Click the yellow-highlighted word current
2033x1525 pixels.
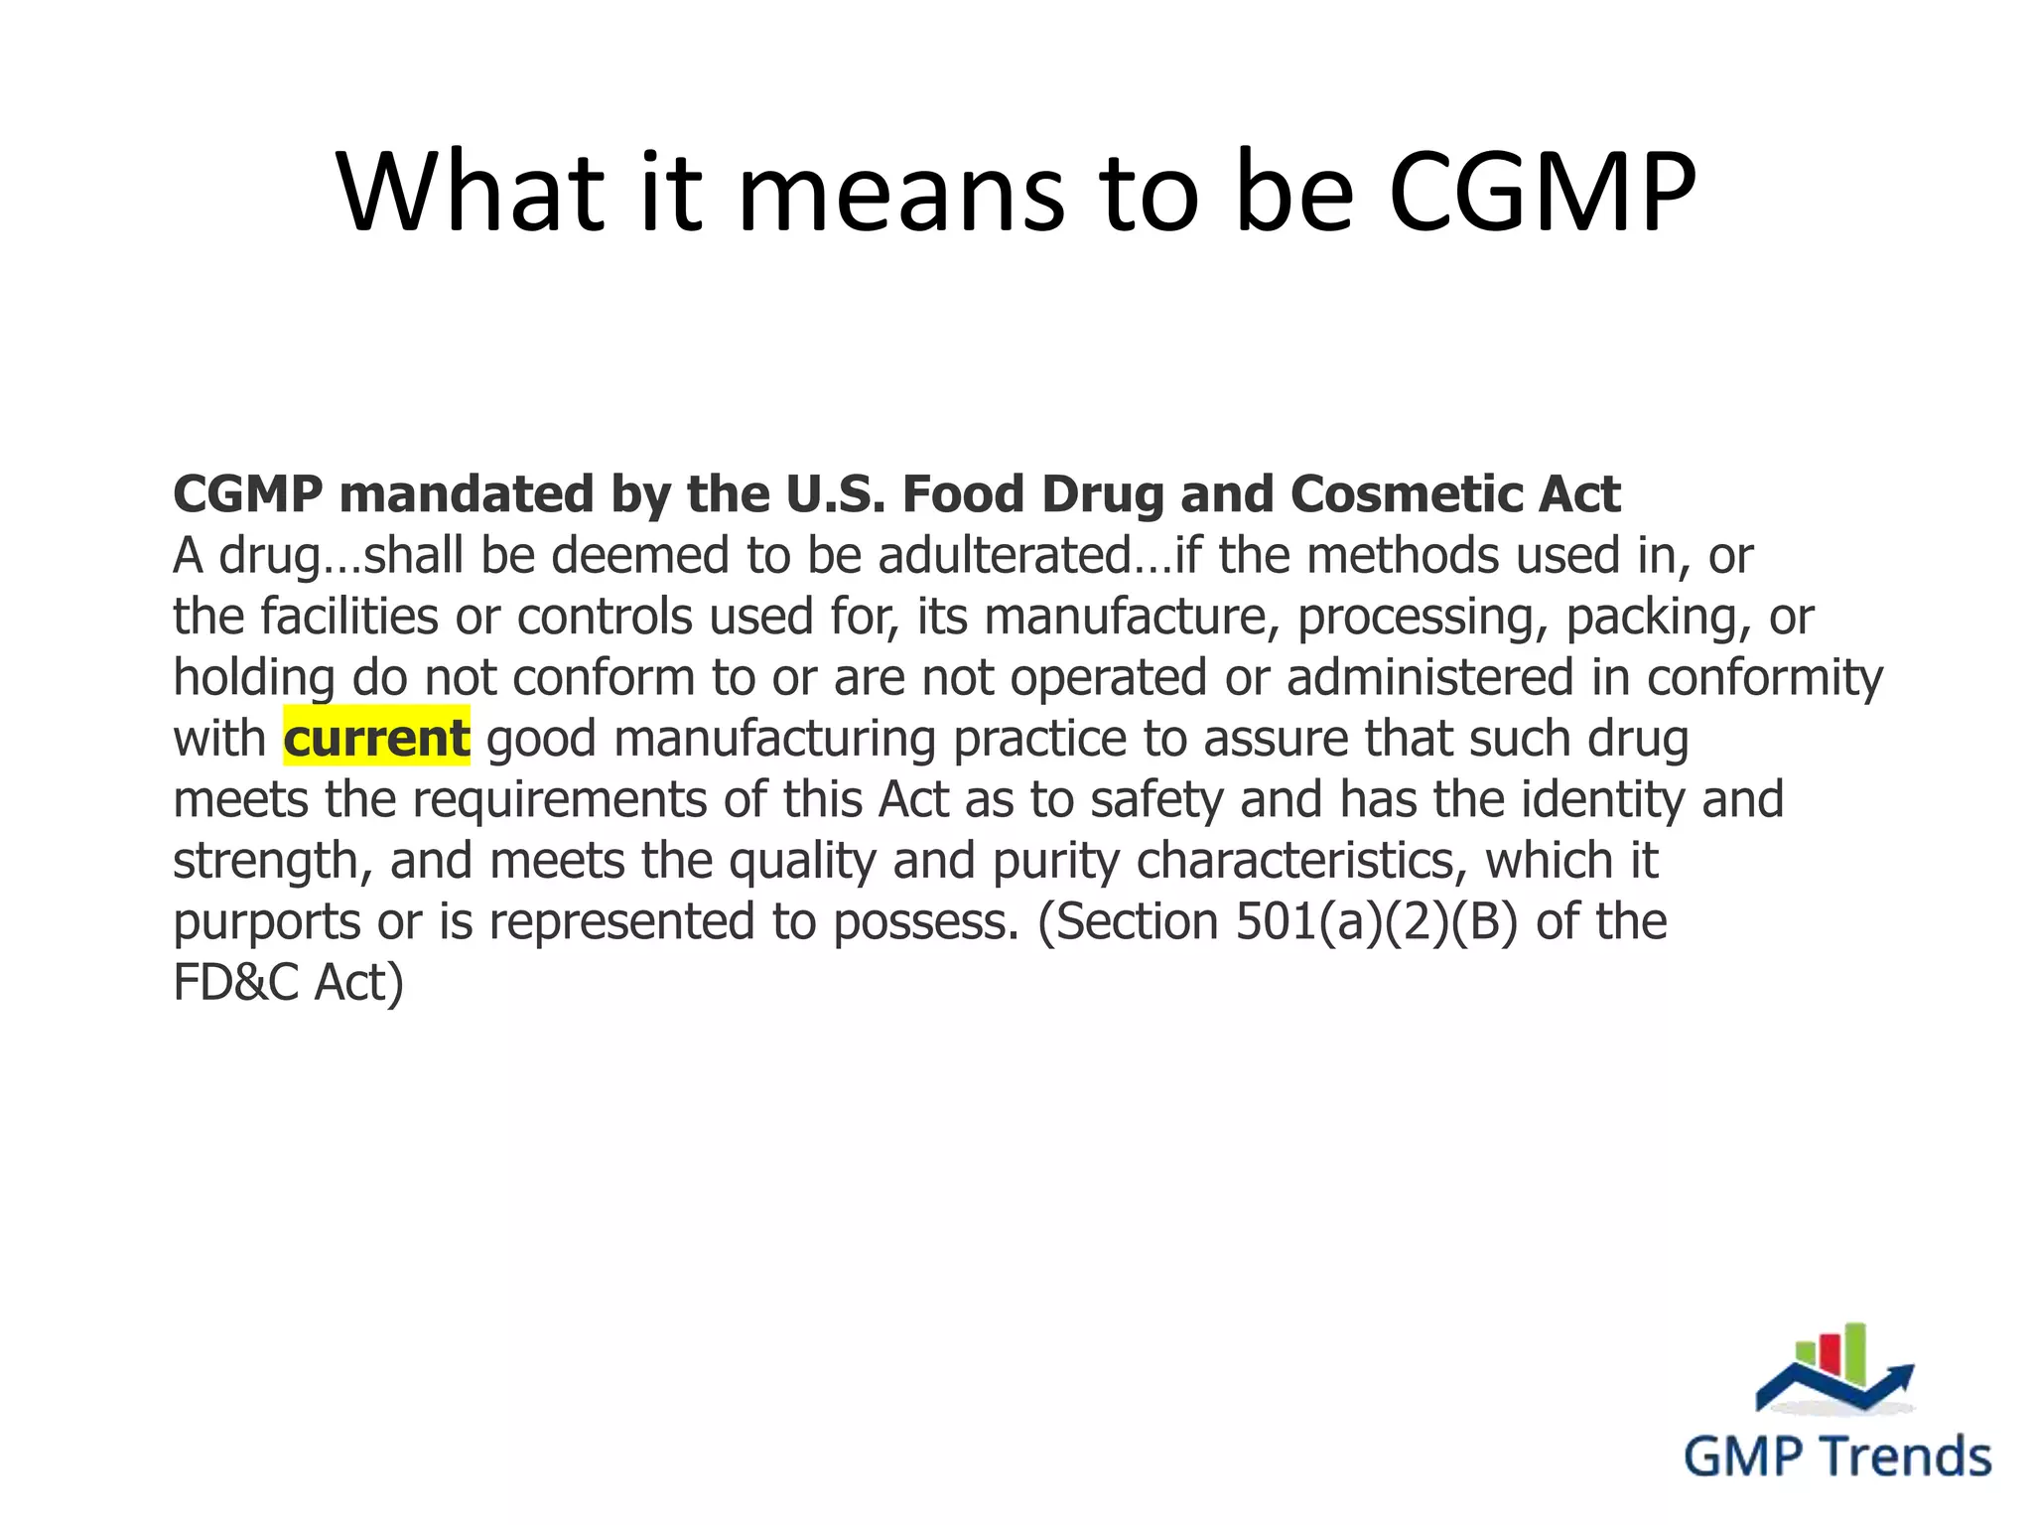[x=376, y=738]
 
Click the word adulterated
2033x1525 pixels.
[x=1004, y=555]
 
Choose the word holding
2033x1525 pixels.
[x=254, y=678]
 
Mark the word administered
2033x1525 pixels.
[x=1430, y=677]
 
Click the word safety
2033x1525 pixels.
[x=1156, y=799]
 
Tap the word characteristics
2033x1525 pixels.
[x=1301, y=860]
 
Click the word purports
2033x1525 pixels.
[x=267, y=922]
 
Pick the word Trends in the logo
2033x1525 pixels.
[x=1907, y=1456]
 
